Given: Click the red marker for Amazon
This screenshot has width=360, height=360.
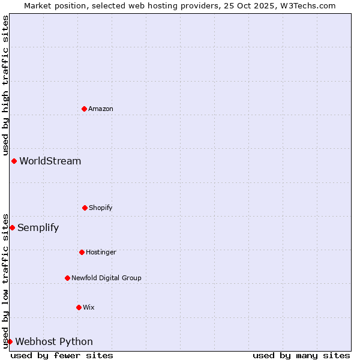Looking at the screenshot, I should pyautogui.click(x=84, y=109).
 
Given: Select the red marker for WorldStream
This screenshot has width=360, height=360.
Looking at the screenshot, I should pyautogui.click(x=14, y=161).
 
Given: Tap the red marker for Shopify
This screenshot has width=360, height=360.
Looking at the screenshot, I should pyautogui.click(x=85, y=208).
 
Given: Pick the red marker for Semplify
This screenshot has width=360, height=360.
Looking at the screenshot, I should pyautogui.click(x=12, y=227).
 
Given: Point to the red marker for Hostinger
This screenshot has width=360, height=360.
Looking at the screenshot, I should pyautogui.click(x=82, y=252).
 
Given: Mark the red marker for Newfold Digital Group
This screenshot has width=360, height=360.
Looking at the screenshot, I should pyautogui.click(x=67, y=278).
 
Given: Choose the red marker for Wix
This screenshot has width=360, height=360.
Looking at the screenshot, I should pyautogui.click(x=79, y=307).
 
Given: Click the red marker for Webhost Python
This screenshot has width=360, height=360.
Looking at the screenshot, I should pyautogui.click(x=10, y=341).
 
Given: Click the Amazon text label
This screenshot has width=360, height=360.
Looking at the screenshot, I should pyautogui.click(x=101, y=109).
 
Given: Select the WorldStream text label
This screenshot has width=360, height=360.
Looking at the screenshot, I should pyautogui.click(x=50, y=161).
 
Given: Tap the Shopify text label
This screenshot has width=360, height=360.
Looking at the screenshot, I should pyautogui.click(x=101, y=208).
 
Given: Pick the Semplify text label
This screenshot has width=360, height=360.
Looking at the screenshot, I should pyautogui.click(x=38, y=227).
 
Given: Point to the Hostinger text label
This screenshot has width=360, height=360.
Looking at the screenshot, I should pyautogui.click(x=101, y=252).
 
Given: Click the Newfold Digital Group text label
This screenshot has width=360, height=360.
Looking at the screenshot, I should pyautogui.click(x=106, y=278).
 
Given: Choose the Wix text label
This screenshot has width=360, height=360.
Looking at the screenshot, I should pyautogui.click(x=89, y=307).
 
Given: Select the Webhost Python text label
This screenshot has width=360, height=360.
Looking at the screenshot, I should pyautogui.click(x=54, y=341).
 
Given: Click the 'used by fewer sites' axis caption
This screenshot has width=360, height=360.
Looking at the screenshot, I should pyautogui.click(x=62, y=355).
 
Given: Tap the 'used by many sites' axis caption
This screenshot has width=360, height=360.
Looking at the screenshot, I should pyautogui.click(x=301, y=355).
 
